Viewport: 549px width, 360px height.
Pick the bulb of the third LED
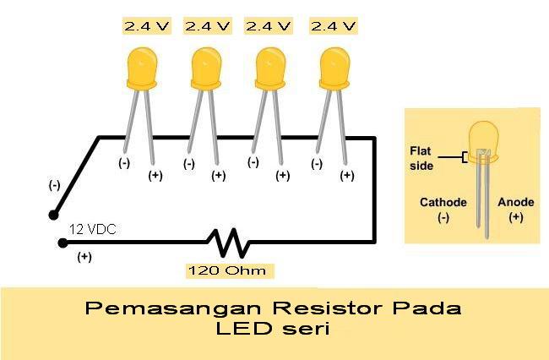point(269,68)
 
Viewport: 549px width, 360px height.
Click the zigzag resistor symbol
point(231,243)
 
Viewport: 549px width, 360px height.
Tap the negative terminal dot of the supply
point(53,215)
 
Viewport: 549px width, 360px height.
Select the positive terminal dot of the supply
point(61,243)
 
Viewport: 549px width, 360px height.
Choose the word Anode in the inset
point(515,203)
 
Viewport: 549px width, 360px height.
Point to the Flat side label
point(421,158)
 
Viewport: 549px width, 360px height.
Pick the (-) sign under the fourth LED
point(317,163)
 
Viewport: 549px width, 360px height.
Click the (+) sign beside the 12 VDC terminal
point(84,258)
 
